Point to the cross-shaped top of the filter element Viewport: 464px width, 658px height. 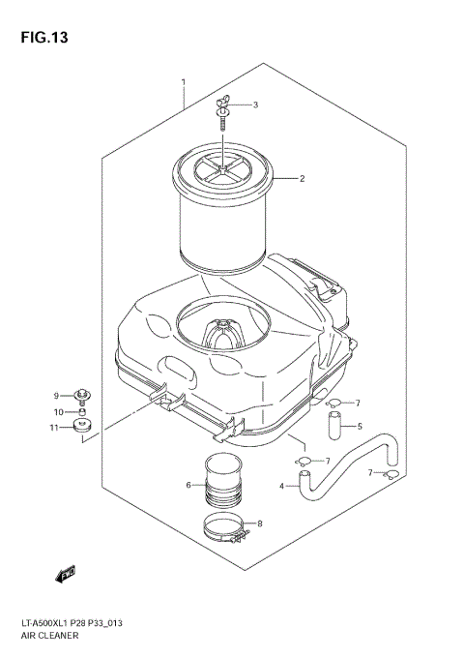[x=223, y=175]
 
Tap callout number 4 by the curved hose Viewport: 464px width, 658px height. [x=282, y=485]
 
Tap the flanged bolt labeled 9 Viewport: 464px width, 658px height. [x=84, y=396]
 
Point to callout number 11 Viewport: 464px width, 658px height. [x=56, y=428]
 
